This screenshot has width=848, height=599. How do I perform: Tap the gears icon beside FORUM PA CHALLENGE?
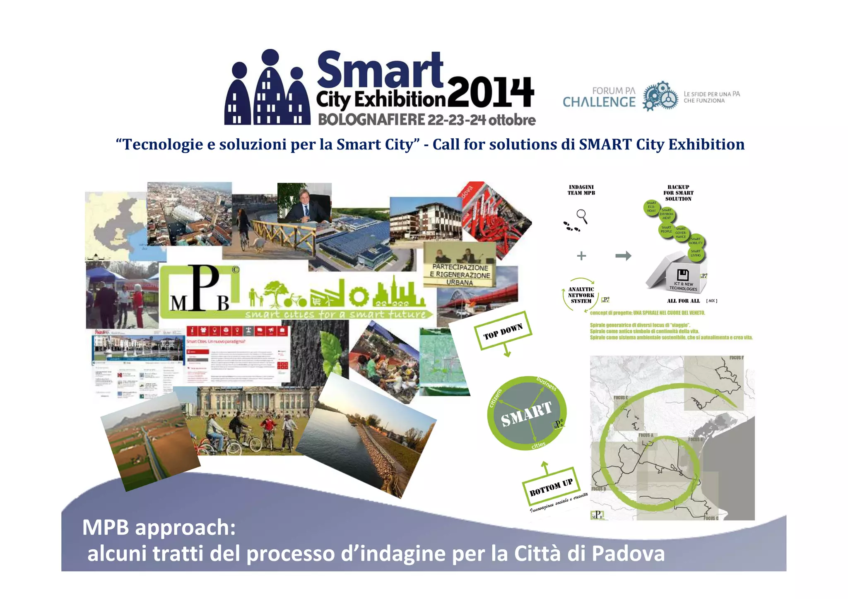click(660, 96)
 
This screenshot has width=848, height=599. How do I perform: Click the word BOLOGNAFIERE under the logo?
click(371, 120)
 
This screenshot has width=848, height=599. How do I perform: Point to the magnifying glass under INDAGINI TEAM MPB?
click(582, 215)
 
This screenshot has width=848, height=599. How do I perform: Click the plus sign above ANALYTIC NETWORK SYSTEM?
click(581, 256)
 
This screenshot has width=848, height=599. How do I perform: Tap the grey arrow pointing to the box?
click(623, 256)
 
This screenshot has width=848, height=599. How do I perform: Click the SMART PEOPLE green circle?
click(666, 229)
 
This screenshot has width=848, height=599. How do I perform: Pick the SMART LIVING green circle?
click(696, 253)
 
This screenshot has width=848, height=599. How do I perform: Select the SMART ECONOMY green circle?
click(651, 207)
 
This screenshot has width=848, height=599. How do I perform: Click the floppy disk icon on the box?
click(682, 275)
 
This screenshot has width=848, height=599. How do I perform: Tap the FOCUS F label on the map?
click(736, 358)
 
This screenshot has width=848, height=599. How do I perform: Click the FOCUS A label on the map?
click(646, 435)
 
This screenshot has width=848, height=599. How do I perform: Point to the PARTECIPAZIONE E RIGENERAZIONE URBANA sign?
click(460, 274)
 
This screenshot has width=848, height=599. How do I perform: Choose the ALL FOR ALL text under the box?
click(683, 301)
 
